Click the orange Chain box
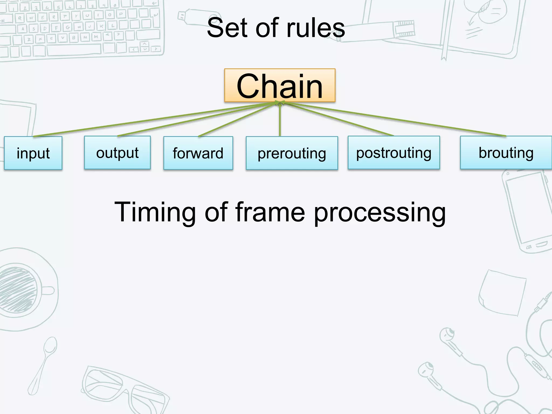[x=280, y=85]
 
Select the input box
[x=33, y=153]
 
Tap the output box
[x=117, y=153]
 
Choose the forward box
[x=198, y=153]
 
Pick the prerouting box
[x=292, y=153]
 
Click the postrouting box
[x=394, y=153]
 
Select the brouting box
[x=506, y=153]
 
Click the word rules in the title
[x=315, y=28]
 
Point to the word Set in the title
[x=227, y=28]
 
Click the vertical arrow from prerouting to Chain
[x=280, y=121]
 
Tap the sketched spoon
[x=43, y=364]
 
